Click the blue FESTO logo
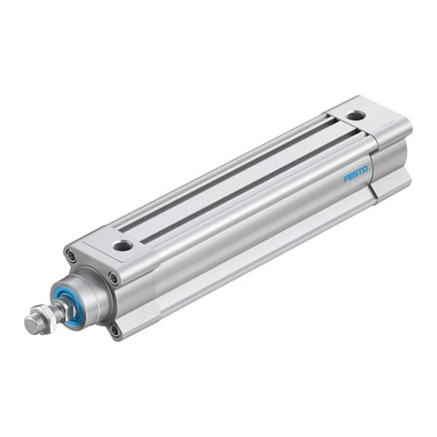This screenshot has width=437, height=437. click(x=355, y=175)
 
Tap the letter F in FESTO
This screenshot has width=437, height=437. click(x=346, y=181)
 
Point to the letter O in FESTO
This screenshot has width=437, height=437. click(x=365, y=169)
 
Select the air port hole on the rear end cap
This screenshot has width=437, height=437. click(x=356, y=115)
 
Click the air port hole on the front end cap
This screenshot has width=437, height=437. click(x=122, y=246)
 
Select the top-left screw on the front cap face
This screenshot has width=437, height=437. click(x=71, y=256)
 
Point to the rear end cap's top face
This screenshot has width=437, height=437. click(x=374, y=121)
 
